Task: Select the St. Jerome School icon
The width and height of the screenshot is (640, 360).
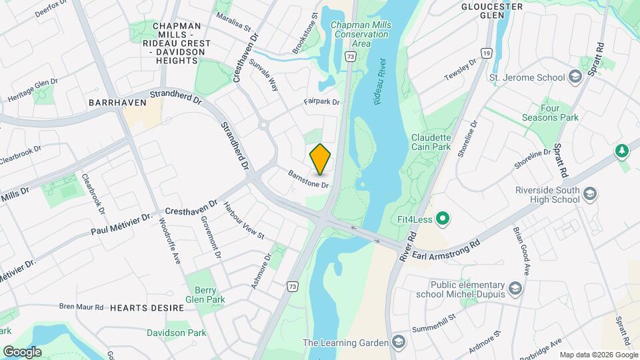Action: (x=574, y=77)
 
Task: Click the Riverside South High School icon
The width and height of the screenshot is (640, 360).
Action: (x=589, y=194)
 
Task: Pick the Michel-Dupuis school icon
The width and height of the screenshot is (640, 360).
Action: (x=514, y=288)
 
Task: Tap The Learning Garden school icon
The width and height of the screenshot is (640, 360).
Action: (x=398, y=343)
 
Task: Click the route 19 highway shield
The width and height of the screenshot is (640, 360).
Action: (x=488, y=53)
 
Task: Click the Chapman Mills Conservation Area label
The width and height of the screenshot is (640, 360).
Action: (x=361, y=33)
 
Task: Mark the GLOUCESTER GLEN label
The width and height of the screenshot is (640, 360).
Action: (x=492, y=11)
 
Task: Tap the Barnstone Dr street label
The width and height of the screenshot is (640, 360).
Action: (x=309, y=179)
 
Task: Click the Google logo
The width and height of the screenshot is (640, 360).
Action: (x=22, y=352)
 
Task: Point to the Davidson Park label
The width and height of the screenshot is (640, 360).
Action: (x=176, y=333)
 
